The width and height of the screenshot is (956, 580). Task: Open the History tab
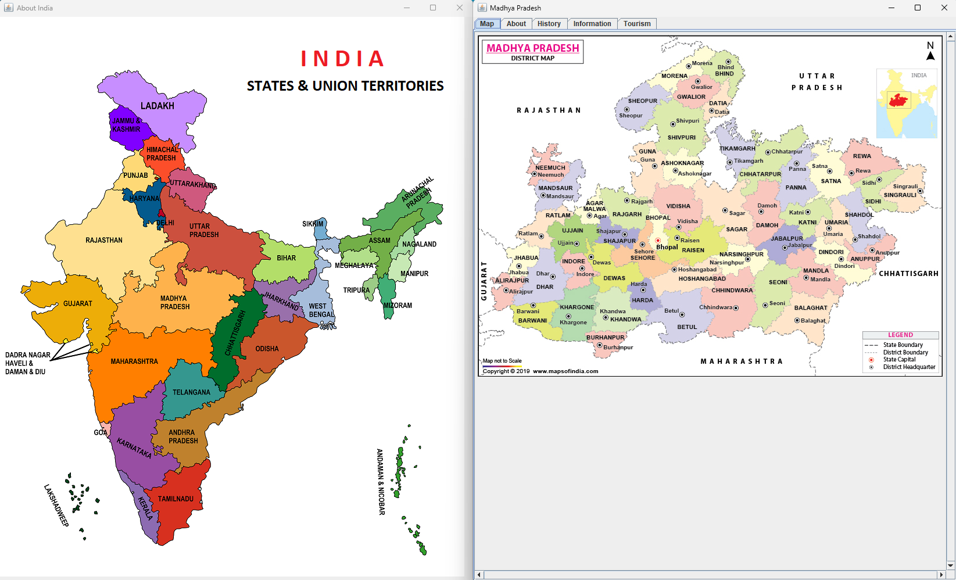[x=549, y=24]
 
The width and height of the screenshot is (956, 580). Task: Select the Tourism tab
[x=637, y=24]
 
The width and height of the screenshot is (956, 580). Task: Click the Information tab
[x=592, y=24]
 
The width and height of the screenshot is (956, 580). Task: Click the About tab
[x=516, y=24]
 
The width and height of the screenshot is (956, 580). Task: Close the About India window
[x=459, y=8]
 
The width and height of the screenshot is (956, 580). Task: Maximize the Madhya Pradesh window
[x=918, y=8]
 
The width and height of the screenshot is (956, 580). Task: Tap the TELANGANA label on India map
[x=191, y=392]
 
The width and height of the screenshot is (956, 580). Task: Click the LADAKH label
[x=157, y=106]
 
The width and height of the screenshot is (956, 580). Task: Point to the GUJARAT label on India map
[x=78, y=303]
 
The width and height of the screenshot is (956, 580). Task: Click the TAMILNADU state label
[x=176, y=499]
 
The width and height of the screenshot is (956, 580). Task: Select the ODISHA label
[x=267, y=349]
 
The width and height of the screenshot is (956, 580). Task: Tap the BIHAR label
[x=286, y=258]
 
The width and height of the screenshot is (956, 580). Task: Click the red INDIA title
[x=342, y=59]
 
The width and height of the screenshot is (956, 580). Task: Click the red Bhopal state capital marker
[x=658, y=240]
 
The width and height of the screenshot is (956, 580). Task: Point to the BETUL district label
[x=687, y=327]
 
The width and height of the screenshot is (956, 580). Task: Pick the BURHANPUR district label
[x=605, y=338]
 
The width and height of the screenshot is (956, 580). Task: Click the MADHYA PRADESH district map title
[x=532, y=48]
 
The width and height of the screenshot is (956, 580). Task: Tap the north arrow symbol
[x=930, y=55]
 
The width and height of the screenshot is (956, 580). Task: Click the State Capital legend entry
[x=898, y=360]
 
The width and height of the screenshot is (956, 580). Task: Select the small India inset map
[x=906, y=103]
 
